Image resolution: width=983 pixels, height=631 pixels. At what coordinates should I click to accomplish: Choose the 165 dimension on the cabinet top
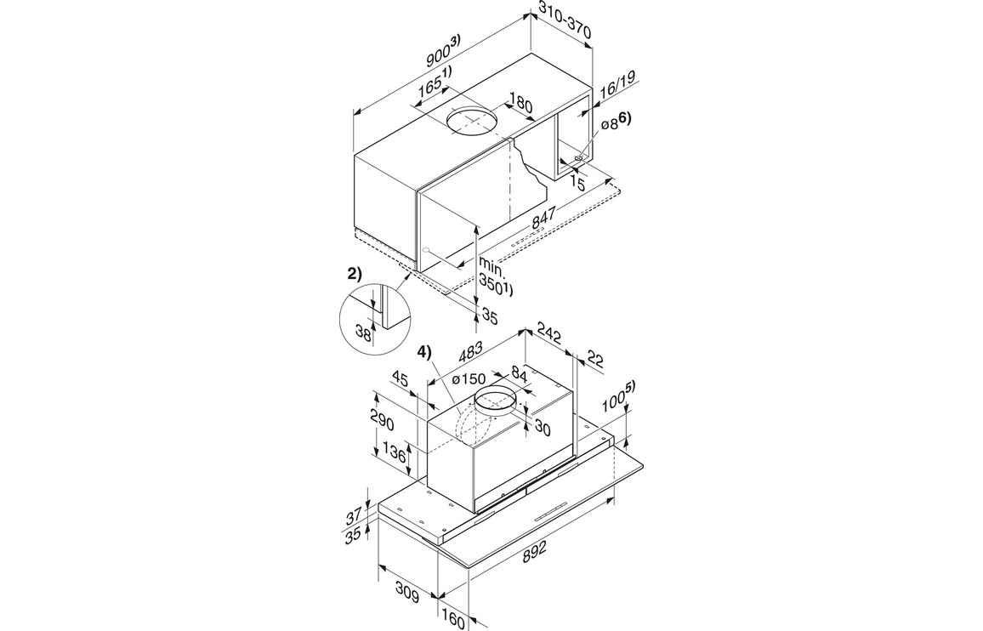click(x=433, y=84)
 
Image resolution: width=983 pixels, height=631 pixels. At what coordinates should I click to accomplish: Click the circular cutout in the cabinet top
click(x=473, y=122)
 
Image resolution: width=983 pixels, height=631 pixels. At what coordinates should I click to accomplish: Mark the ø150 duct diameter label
click(x=468, y=378)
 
